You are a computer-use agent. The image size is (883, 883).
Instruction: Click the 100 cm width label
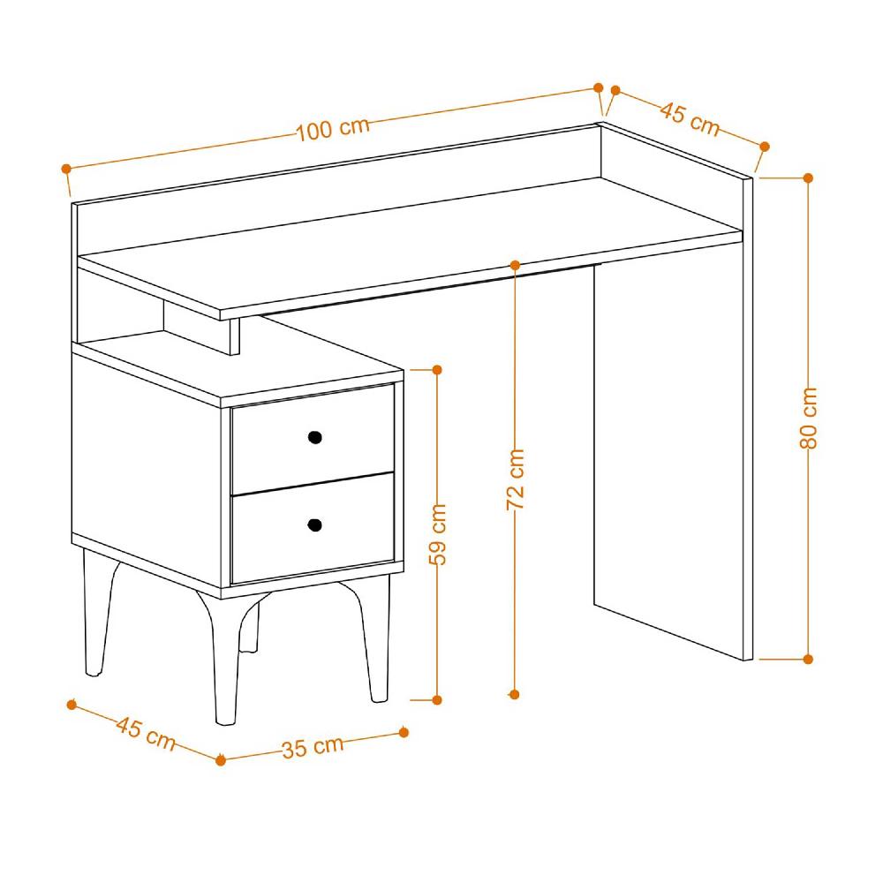tap(332, 129)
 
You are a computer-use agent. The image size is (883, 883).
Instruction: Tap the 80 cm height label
tap(808, 417)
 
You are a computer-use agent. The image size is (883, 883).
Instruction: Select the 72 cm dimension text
tap(516, 479)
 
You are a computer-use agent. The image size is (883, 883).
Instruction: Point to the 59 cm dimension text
tap(437, 533)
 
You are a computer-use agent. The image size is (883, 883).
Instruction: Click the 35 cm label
tap(312, 747)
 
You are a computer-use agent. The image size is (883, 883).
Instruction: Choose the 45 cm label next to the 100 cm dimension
tap(690, 118)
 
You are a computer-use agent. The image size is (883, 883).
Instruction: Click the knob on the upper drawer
tap(314, 436)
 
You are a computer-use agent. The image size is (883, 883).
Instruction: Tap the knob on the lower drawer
tap(314, 526)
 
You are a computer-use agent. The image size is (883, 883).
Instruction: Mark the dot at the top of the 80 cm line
tap(808, 177)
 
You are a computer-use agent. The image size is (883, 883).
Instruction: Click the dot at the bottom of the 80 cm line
tap(808, 658)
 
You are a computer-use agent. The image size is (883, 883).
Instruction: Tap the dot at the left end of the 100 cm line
tap(65, 168)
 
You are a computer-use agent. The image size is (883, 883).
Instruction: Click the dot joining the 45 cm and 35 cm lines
tap(221, 760)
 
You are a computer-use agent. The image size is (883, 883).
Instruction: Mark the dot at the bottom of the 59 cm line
tap(437, 699)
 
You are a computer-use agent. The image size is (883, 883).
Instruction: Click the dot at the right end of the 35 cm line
tap(404, 732)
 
